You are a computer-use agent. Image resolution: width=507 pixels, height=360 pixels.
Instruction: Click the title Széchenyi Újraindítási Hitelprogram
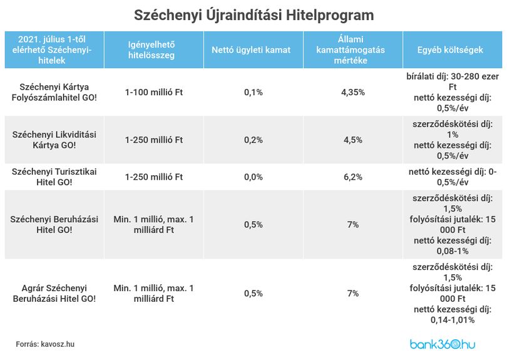(x=254, y=15)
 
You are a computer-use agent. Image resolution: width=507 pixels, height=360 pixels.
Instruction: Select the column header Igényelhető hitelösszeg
(x=151, y=50)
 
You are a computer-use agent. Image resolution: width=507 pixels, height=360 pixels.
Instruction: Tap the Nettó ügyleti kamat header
(x=251, y=50)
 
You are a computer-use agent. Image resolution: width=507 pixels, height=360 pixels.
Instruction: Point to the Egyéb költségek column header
(x=450, y=50)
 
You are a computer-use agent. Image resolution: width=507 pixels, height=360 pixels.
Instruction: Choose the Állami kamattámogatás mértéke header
(x=351, y=50)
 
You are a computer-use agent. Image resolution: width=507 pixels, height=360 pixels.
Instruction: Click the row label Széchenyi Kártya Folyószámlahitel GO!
(x=54, y=92)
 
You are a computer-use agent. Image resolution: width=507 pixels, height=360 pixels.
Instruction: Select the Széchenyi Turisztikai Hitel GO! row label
(x=54, y=177)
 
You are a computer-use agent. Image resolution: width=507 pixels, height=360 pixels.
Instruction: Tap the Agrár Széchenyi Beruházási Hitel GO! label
(x=54, y=294)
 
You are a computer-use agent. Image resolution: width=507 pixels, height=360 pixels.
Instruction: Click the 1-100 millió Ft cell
(x=154, y=92)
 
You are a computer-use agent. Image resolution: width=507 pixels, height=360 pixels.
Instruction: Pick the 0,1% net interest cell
(x=253, y=92)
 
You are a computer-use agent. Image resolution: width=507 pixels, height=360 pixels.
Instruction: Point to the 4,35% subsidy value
(x=353, y=92)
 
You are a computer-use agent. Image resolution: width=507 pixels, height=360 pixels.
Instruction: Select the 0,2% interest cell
(x=253, y=140)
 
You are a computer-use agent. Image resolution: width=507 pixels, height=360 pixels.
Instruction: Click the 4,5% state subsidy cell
(x=353, y=140)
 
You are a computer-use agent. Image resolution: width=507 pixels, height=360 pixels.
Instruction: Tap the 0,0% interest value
(x=253, y=177)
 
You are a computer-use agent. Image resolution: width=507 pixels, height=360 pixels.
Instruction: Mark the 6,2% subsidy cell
(x=353, y=177)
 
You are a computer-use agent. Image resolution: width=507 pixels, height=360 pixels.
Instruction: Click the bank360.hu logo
(x=443, y=344)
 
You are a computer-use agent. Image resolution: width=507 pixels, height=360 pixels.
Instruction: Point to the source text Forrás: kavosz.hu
(x=45, y=344)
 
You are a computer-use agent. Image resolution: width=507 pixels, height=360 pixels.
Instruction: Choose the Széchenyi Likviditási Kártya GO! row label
(x=54, y=140)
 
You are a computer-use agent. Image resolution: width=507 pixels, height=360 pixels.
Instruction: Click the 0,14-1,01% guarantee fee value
(x=453, y=320)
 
